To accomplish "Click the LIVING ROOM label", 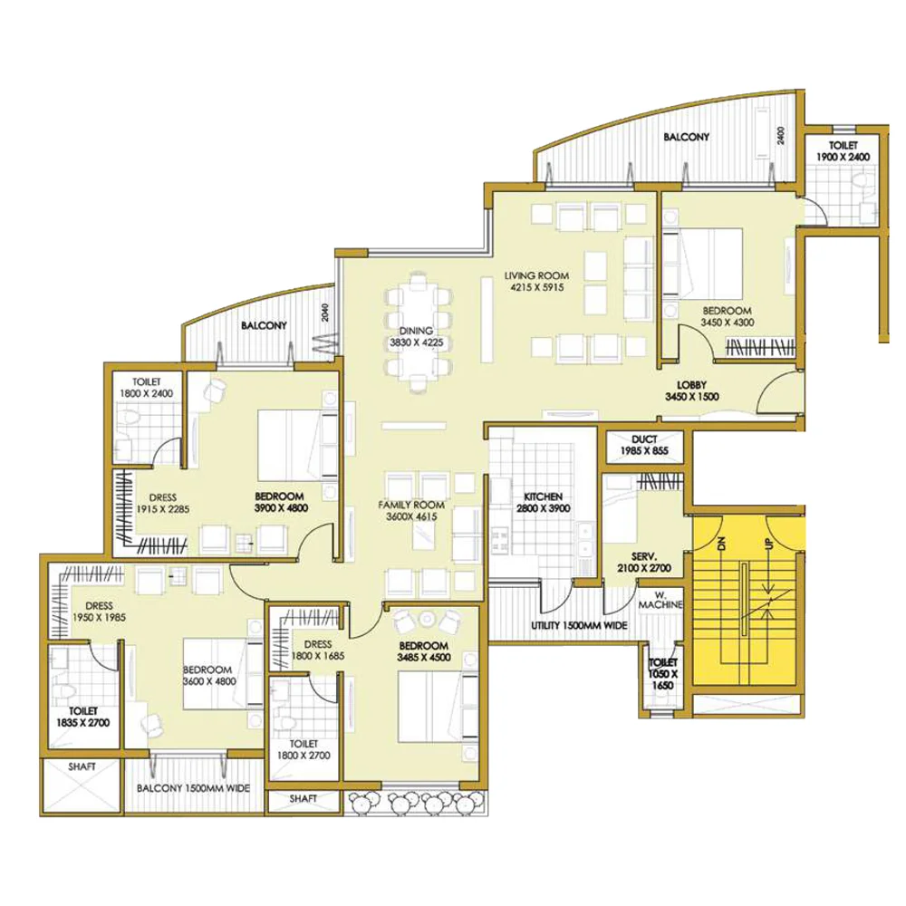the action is click(536, 276).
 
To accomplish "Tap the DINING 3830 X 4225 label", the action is click(416, 336).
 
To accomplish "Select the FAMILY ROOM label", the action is click(411, 505).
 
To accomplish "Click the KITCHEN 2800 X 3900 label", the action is click(543, 502).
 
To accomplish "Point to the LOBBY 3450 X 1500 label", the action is click(691, 390).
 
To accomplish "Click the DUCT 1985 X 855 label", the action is click(644, 445).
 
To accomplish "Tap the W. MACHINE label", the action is click(660, 600).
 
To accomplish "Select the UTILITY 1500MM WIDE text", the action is click(579, 625).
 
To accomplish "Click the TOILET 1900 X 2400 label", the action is click(843, 150).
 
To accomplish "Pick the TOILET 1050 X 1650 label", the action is click(663, 674).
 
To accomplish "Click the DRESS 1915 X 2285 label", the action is click(162, 503).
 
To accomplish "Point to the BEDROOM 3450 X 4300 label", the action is click(727, 316).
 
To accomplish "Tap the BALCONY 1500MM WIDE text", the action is click(193, 788).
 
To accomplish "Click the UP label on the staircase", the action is click(769, 544).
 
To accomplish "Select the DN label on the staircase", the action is click(720, 544).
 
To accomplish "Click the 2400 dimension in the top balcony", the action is click(781, 136).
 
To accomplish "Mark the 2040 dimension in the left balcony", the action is click(325, 313).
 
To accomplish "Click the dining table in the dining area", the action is click(417, 333).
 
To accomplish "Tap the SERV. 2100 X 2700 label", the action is click(643, 563).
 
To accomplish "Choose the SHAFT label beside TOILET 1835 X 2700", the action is click(82, 766).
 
